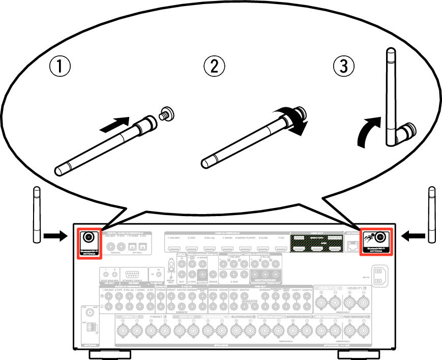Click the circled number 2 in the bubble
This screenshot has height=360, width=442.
tap(214, 66)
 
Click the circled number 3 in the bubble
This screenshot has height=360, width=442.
tap(344, 66)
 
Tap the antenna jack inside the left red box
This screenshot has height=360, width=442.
tap(89, 237)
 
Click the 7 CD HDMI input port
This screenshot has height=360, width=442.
tap(281, 249)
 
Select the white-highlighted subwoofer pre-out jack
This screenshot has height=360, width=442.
tap(245, 306)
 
